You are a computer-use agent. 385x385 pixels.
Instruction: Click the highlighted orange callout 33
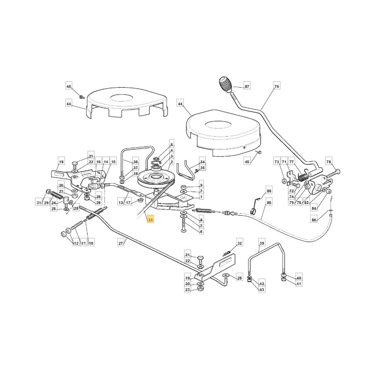pyautogui.click(x=151, y=220)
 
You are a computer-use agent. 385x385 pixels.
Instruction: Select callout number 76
pyautogui.click(x=276, y=87)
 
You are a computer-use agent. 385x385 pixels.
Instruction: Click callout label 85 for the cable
pyautogui.click(x=269, y=203)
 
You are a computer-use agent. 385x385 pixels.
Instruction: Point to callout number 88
pyautogui.click(x=269, y=191)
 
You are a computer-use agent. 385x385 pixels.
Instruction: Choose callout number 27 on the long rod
pyautogui.click(x=121, y=243)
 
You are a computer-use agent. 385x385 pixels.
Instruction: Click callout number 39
pyautogui.click(x=262, y=243)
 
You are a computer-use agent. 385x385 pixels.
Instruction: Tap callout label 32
pyautogui.click(x=240, y=243)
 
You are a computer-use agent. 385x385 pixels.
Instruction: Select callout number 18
pyautogui.click(x=62, y=162)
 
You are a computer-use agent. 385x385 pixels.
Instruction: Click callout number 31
pyautogui.click(x=39, y=203)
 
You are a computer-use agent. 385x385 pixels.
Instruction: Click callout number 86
pyautogui.click(x=314, y=220)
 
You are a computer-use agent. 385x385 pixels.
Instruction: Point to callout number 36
pyautogui.click(x=136, y=162)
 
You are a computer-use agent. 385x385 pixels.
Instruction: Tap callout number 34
pyautogui.click(x=202, y=162)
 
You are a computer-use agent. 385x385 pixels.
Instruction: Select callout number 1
pyautogui.click(x=201, y=197)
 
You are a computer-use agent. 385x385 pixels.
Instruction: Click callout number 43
pyautogui.click(x=262, y=290)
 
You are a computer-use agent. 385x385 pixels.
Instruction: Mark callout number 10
pyautogui.click(x=91, y=243)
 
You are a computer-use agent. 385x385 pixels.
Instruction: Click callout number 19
pyautogui.click(x=188, y=278)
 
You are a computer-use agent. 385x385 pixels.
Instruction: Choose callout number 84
pyautogui.click(x=314, y=208)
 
